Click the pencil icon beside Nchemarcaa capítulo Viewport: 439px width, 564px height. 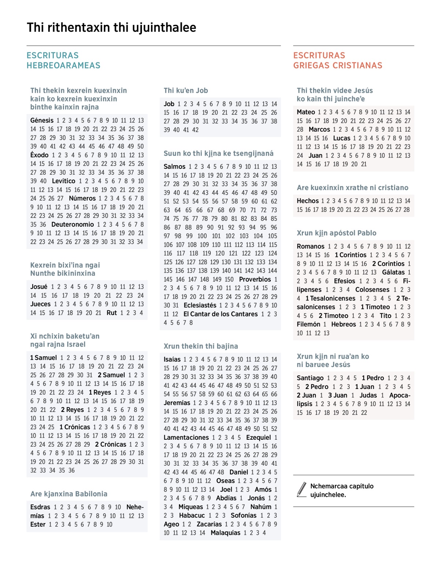point(302,489)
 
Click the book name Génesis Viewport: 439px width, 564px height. point(42,120)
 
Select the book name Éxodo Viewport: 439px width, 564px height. point(39,155)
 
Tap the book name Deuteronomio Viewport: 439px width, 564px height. point(72,224)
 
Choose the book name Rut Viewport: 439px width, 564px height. point(112,313)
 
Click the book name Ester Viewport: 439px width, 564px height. point(38,525)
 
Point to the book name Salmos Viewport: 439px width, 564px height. point(175,167)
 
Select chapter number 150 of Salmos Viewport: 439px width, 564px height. point(229,280)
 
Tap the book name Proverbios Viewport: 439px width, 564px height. point(255,280)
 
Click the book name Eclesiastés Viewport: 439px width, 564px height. point(200,306)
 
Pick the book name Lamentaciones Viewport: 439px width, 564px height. point(186,438)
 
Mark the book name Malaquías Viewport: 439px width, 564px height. point(225,533)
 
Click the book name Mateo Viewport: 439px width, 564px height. point(306,112)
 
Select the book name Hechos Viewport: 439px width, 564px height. point(308,201)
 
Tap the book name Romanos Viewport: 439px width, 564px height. point(311,246)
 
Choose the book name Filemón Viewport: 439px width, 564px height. point(308,325)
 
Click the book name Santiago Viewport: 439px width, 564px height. point(310,378)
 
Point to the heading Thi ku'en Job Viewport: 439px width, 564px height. point(186,91)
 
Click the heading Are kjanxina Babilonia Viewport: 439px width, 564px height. point(69,494)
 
